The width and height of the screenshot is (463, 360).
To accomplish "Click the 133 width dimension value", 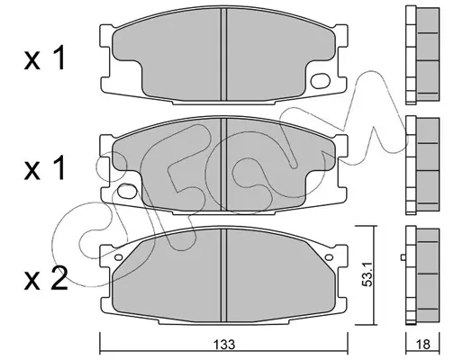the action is coord(224,345).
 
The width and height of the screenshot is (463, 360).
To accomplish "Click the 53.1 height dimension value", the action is coord(368,274).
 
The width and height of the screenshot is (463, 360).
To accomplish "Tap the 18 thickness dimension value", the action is coord(423,345).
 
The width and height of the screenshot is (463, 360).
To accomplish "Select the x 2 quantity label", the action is coord(46,277).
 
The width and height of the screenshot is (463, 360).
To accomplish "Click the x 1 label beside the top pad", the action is coord(44,58).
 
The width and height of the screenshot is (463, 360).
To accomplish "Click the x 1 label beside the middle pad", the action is coord(44,167).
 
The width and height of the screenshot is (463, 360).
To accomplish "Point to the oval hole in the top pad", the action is coord(321,81).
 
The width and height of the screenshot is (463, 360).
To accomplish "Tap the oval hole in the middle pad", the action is coord(127,191).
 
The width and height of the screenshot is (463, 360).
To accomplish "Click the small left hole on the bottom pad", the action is coord(119,257).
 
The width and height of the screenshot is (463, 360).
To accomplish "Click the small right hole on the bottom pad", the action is coord(329,257).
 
